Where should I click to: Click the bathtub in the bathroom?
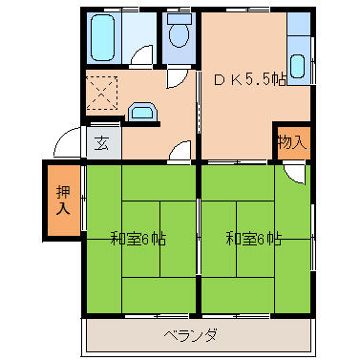pyautogui.click(x=103, y=38)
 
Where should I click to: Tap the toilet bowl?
pyautogui.click(x=180, y=35)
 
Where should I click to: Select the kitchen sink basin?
pyautogui.click(x=298, y=67)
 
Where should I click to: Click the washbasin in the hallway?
pyautogui.click(x=142, y=112)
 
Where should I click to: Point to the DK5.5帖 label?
pyautogui.click(x=250, y=79)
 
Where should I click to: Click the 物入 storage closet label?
pyautogui.click(x=292, y=142)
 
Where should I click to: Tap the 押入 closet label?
pyautogui.click(x=63, y=201)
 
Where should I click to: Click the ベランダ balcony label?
pyautogui.click(x=191, y=335)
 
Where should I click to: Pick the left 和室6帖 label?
pyautogui.click(x=138, y=239)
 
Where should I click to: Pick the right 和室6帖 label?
pyautogui.click(x=254, y=239)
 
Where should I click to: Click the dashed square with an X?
pyautogui.click(x=102, y=93)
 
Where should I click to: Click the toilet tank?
pyautogui.click(x=180, y=18)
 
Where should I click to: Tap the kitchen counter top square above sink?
pyautogui.click(x=298, y=24)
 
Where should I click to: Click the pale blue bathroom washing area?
pyautogui.click(x=138, y=38)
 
